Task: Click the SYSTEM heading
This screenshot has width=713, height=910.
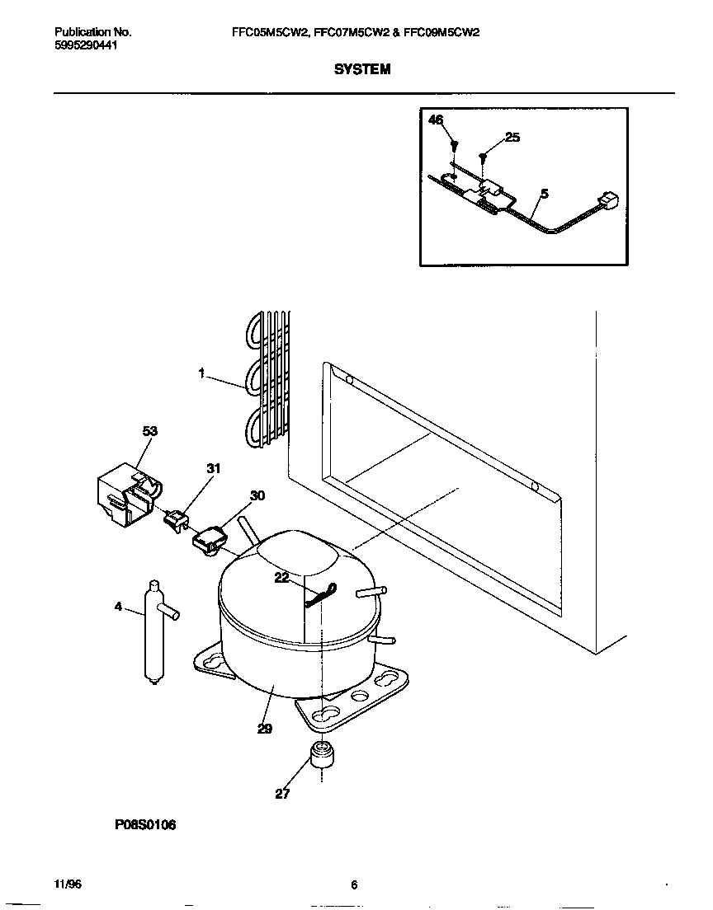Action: click(362, 70)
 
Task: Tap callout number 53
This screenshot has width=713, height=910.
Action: click(149, 431)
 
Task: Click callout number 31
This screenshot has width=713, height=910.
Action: click(214, 469)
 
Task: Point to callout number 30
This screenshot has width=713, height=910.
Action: click(257, 495)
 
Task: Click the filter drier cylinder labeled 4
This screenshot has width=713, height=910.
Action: click(151, 631)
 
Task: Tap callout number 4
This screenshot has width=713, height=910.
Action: click(118, 607)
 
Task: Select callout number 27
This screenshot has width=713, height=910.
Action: click(282, 795)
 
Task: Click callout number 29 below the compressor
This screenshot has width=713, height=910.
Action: click(264, 729)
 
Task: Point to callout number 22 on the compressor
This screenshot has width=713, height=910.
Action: click(282, 578)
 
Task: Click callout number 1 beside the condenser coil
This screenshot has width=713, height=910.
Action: click(201, 373)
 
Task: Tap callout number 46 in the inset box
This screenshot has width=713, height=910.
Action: click(436, 120)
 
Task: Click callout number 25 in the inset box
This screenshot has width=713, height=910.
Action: click(512, 138)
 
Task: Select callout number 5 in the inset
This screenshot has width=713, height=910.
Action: click(544, 195)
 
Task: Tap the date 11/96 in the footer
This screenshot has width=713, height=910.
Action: click(68, 884)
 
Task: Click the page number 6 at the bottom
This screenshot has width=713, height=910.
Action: click(354, 885)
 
